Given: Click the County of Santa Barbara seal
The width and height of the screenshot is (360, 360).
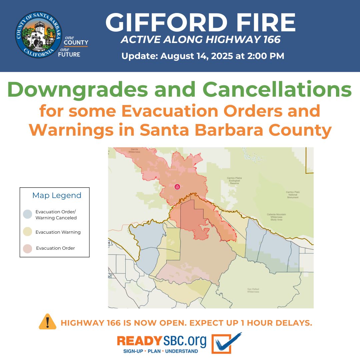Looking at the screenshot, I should pyautogui.click(x=39, y=35).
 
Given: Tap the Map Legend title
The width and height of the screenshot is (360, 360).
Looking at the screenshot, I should pyautogui.click(x=57, y=195).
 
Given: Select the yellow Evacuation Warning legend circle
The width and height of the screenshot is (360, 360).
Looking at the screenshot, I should pyautogui.click(x=28, y=232).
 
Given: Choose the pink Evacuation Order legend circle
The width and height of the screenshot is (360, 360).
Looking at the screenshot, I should pyautogui.click(x=28, y=248).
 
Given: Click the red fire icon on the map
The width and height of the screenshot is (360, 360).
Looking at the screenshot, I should pyautogui.click(x=177, y=187).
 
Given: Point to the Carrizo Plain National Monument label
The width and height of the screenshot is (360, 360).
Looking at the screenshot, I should pyautogui.click(x=293, y=194).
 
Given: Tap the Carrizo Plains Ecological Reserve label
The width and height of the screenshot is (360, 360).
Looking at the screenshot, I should pyautogui.click(x=234, y=181).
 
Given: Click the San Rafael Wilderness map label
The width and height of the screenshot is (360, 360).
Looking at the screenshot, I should pyautogui.click(x=253, y=290).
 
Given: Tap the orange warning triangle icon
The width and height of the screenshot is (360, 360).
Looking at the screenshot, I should pyautogui.click(x=48, y=322).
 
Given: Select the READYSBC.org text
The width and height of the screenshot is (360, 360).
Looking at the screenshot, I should pyautogui.click(x=162, y=341).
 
